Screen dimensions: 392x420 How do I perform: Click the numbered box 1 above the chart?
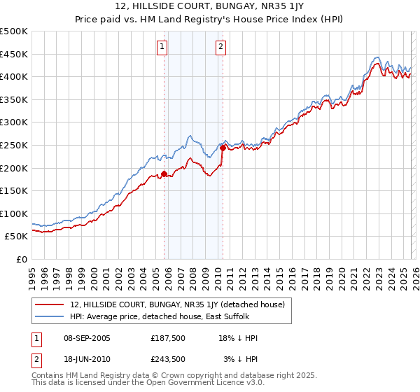[162, 47]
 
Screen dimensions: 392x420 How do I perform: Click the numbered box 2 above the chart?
[220, 47]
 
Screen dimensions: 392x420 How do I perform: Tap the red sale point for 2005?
[164, 174]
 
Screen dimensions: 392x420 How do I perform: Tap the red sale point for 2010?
[223, 148]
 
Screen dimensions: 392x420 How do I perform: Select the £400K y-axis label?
[14, 76]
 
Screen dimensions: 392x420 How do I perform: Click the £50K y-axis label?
[17, 237]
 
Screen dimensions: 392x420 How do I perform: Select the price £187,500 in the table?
[167, 338]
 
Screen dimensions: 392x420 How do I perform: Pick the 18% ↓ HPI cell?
[238, 338]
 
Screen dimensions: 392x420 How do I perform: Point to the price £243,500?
[167, 358]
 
